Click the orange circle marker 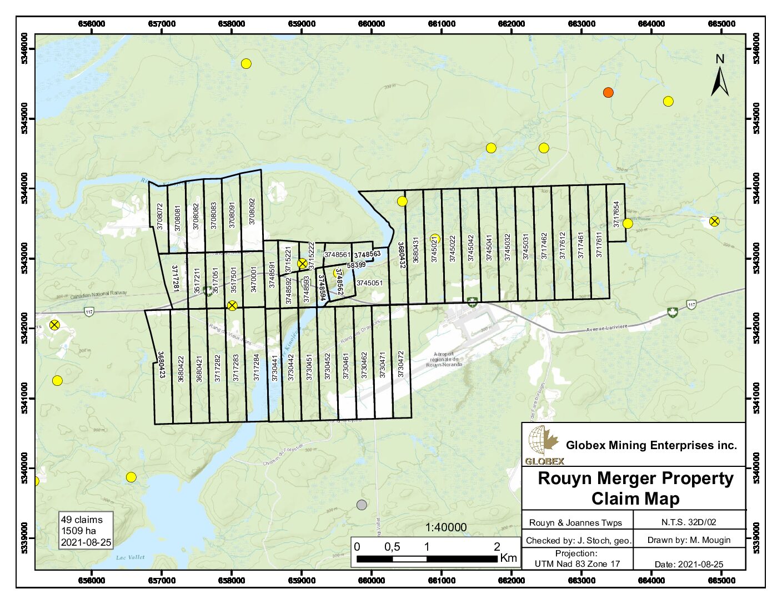pyautogui.click(x=608, y=92)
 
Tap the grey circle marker pyautogui.click(x=362, y=505)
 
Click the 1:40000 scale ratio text pyautogui.click(x=446, y=527)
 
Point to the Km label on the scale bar pyautogui.click(x=508, y=558)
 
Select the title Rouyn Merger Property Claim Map pyautogui.click(x=635, y=488)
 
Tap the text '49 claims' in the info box pyautogui.click(x=82, y=520)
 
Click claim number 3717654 pyautogui.click(x=616, y=214)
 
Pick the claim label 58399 pyautogui.click(x=356, y=265)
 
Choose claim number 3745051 pyautogui.click(x=369, y=283)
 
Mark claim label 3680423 pyautogui.click(x=161, y=365)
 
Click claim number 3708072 pyautogui.click(x=160, y=217)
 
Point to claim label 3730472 pyautogui.click(x=401, y=364)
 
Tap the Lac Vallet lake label pyautogui.click(x=131, y=557)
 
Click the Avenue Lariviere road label pyautogui.click(x=607, y=328)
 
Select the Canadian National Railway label pyautogui.click(x=99, y=294)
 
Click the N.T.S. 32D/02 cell pyautogui.click(x=689, y=522)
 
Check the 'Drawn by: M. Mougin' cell pyautogui.click(x=689, y=540)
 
